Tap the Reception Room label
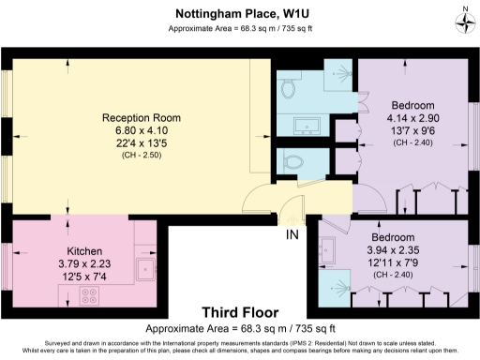coord(142,118)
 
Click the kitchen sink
coord(146,272)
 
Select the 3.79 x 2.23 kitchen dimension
coord(84,265)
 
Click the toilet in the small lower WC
coord(292,159)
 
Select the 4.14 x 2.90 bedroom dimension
coord(412,120)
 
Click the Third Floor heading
coord(238,312)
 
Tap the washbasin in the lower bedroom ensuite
coord(327,248)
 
